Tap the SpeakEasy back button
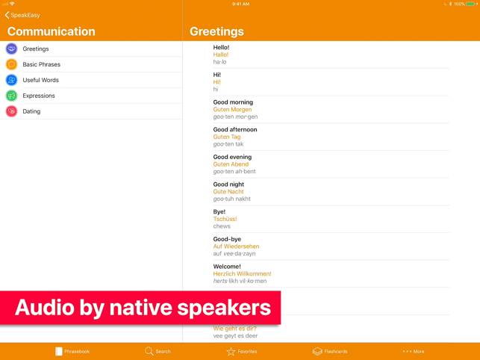(x=22, y=15)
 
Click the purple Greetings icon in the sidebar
(x=12, y=49)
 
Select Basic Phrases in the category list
(x=41, y=64)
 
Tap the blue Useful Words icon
(x=12, y=80)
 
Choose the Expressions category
(x=39, y=96)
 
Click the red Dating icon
(x=12, y=111)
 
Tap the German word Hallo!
(x=221, y=55)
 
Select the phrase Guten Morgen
(x=232, y=109)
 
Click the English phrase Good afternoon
(x=235, y=130)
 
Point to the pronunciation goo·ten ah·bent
(x=234, y=172)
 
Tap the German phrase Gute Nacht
(x=228, y=191)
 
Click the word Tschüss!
(x=225, y=219)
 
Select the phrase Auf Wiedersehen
(x=236, y=246)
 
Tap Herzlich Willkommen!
(x=242, y=273)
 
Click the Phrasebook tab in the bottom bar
(x=72, y=352)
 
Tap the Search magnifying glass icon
(x=149, y=351)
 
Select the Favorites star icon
(x=231, y=352)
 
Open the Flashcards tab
(x=330, y=352)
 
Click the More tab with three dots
(x=414, y=352)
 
